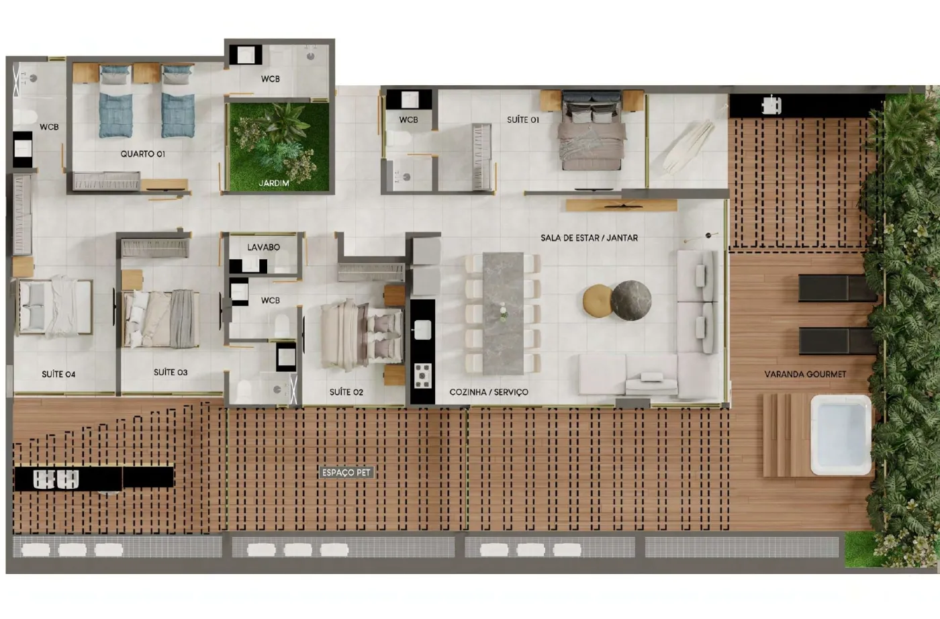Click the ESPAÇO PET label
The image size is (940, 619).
coord(346,473)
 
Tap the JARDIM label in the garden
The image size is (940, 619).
coord(274,183)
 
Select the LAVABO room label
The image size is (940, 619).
coord(263,247)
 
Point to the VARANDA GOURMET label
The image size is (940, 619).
coord(805,374)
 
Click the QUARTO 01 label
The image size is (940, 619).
coord(142,154)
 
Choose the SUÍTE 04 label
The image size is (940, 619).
coord(58,374)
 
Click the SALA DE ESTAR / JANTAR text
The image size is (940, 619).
coord(590,238)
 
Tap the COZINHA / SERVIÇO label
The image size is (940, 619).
coord(489,392)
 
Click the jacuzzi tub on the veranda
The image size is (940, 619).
coord(841,435)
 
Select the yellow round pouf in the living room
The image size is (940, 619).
coord(598,301)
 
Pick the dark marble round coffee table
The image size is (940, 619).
coord(631,301)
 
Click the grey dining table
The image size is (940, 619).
coord(503,313)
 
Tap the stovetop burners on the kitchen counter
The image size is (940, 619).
coord(422,375)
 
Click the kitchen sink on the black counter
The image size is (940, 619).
coord(422,330)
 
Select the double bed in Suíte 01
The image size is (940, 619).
coord(592,130)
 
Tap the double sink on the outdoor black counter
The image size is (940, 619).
coord(56,479)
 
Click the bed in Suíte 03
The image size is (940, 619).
coord(160,319)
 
